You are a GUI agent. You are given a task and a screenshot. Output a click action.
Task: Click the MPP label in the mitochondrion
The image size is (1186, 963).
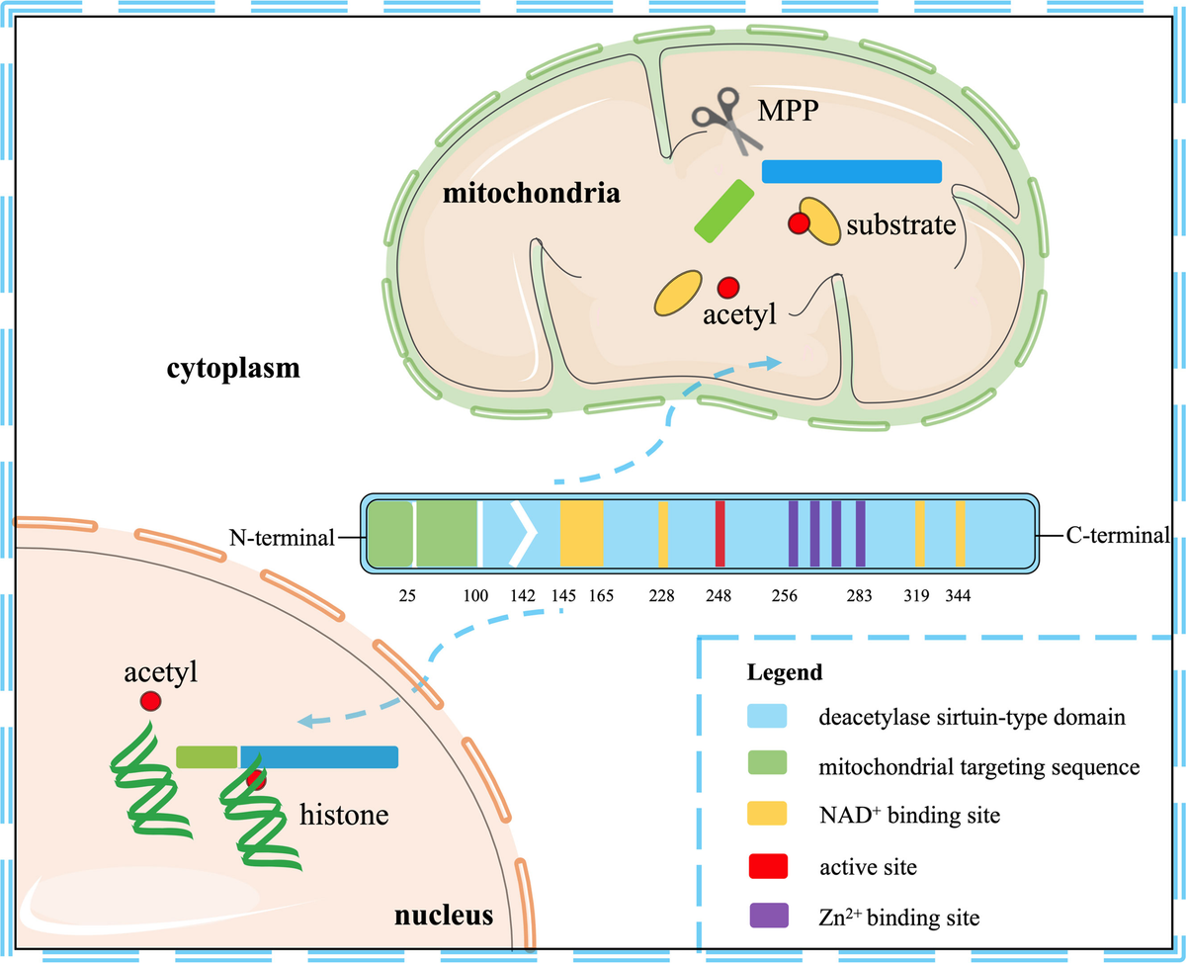pyautogui.click(x=789, y=111)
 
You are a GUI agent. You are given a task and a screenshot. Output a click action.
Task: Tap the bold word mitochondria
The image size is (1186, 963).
pyautogui.click(x=532, y=193)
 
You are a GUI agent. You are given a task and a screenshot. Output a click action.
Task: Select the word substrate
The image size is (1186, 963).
pyautogui.click(x=899, y=225)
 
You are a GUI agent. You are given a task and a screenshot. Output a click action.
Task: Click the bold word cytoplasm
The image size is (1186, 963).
pyautogui.click(x=232, y=371)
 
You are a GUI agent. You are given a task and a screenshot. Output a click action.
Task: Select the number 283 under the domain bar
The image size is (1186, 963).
pyautogui.click(x=861, y=596)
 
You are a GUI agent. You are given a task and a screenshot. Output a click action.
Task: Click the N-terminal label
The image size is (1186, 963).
pyautogui.click(x=292, y=538)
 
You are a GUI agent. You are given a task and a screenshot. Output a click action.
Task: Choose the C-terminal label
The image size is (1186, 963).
pyautogui.click(x=1117, y=537)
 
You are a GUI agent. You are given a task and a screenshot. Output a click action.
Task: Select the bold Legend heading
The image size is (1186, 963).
pyautogui.click(x=783, y=673)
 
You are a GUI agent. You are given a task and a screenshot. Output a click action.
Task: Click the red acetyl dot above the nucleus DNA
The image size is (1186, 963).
pyautogui.click(x=150, y=701)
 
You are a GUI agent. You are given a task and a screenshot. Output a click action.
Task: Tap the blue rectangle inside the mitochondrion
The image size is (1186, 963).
pyautogui.click(x=852, y=171)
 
